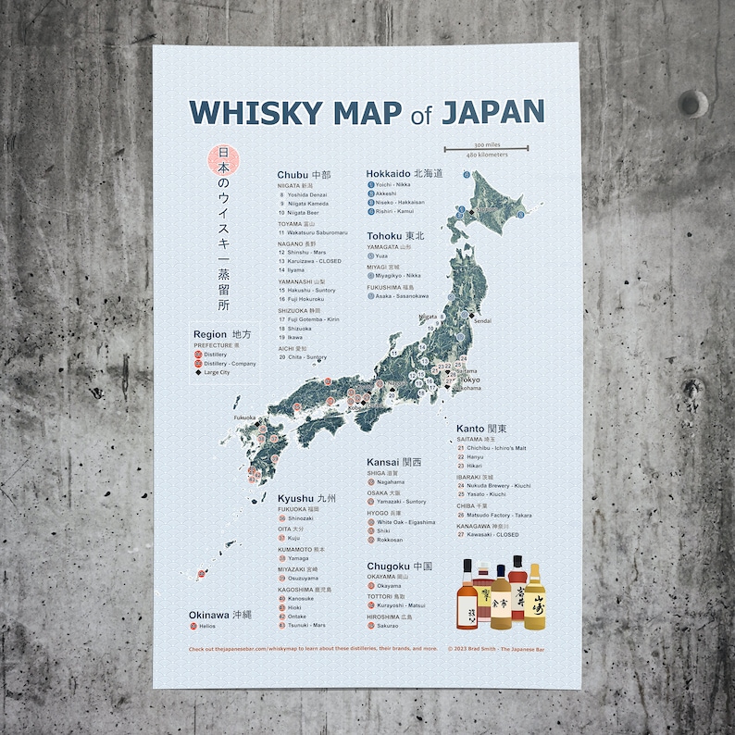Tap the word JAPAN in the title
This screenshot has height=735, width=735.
(492, 111)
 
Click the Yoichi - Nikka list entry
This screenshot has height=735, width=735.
(393, 184)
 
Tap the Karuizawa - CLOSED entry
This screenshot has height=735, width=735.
(314, 261)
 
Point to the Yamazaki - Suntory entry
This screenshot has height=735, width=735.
(401, 502)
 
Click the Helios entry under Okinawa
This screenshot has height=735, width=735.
(206, 626)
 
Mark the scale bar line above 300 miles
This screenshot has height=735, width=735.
(487, 148)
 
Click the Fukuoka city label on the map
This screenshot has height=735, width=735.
(245, 417)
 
